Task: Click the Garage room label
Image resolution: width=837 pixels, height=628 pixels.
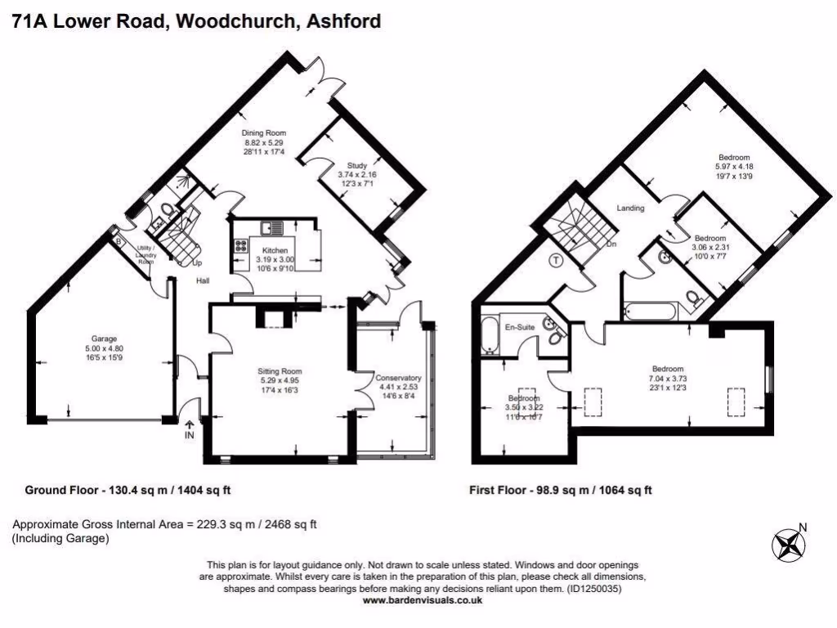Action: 105,339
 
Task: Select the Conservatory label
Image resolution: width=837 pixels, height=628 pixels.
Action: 398,378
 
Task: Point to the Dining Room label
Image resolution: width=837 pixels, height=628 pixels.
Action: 262,132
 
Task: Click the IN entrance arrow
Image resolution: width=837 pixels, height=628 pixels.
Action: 190,429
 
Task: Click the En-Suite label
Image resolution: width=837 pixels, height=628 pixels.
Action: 520,327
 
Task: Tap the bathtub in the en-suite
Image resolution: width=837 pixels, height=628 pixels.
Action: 489,337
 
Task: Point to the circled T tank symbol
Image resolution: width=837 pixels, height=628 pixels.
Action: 557,261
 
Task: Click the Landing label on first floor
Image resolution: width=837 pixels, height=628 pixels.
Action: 630,208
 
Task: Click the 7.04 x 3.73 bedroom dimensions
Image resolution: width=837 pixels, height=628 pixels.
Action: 667,379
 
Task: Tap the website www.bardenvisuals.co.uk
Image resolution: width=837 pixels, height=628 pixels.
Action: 422,599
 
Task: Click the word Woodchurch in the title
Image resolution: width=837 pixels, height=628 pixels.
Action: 234,21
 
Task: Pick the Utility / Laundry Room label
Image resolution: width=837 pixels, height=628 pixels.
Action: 145,253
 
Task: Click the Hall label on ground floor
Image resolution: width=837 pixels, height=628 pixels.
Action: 203,280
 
